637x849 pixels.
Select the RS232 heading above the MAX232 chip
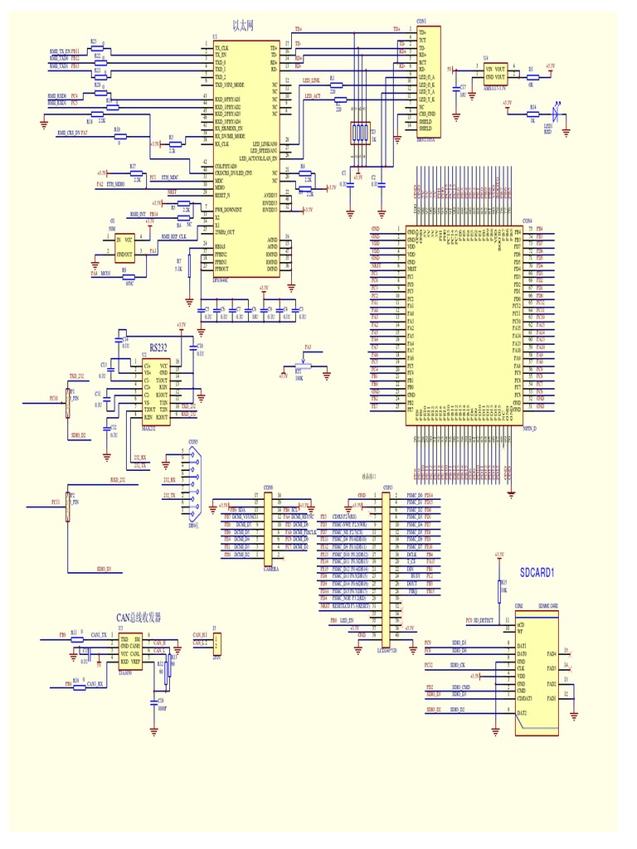[x=158, y=347]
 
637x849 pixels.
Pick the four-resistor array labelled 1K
[x=359, y=133]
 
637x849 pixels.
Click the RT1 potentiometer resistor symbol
[x=304, y=365]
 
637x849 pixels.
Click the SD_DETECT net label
[x=484, y=620]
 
